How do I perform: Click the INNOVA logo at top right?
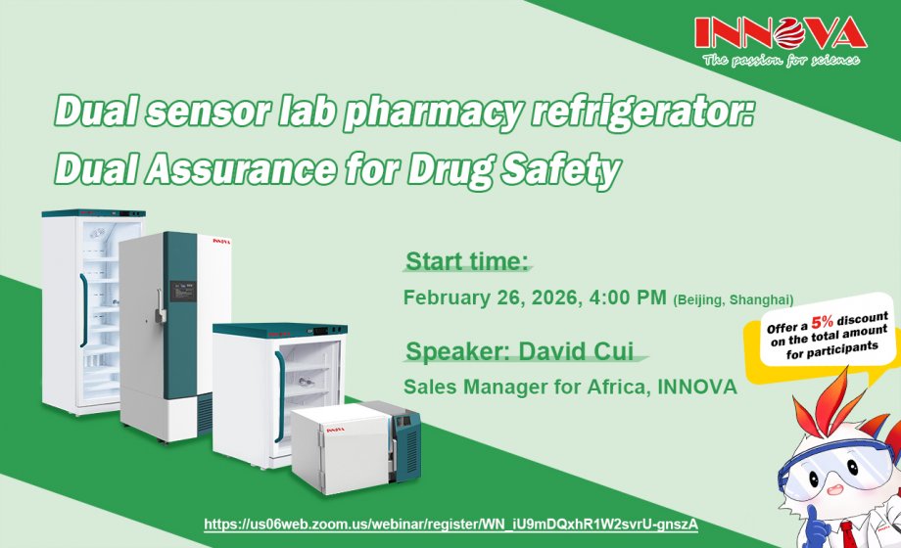pos(780,34)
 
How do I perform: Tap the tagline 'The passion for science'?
pos(780,61)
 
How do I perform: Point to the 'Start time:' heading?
pos(467,261)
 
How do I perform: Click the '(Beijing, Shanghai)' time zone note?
pos(733,299)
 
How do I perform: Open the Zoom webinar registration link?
pos(450,525)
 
